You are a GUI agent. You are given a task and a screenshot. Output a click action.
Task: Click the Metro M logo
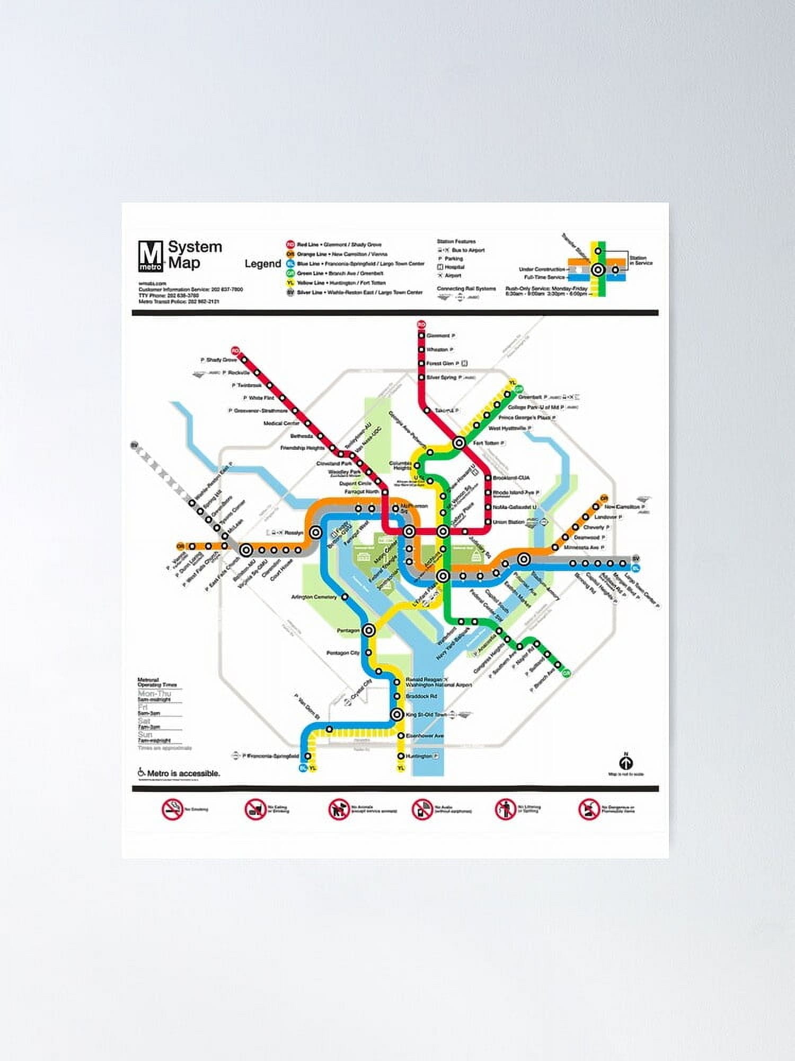(151, 256)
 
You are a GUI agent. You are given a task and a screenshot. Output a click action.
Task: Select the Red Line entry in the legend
(339, 245)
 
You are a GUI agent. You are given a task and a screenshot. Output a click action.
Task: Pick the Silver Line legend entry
(359, 292)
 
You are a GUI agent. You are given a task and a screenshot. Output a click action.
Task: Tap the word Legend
(263, 264)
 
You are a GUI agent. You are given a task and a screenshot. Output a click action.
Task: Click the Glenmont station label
(438, 336)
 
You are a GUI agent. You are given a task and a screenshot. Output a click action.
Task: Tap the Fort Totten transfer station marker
(459, 443)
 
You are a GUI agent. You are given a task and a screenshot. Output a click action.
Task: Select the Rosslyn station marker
(316, 532)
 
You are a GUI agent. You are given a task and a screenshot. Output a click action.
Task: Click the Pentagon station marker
(369, 630)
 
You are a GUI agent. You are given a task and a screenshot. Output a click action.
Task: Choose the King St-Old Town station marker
(397, 715)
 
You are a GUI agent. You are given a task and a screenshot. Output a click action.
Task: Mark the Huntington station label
(419, 756)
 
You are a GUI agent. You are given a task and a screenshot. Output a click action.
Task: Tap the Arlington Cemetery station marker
(344, 597)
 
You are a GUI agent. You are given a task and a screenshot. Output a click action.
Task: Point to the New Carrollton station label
(624, 507)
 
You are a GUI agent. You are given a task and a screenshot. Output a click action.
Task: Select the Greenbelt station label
(530, 397)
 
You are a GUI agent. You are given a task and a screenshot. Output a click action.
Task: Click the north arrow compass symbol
(626, 763)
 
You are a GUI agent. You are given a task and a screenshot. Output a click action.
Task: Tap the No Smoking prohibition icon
(172, 810)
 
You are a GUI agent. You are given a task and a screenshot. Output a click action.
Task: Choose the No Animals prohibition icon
(338, 810)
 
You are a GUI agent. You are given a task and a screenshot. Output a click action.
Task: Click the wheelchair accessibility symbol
(142, 772)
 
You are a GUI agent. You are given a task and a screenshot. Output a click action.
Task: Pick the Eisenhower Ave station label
(425, 736)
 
